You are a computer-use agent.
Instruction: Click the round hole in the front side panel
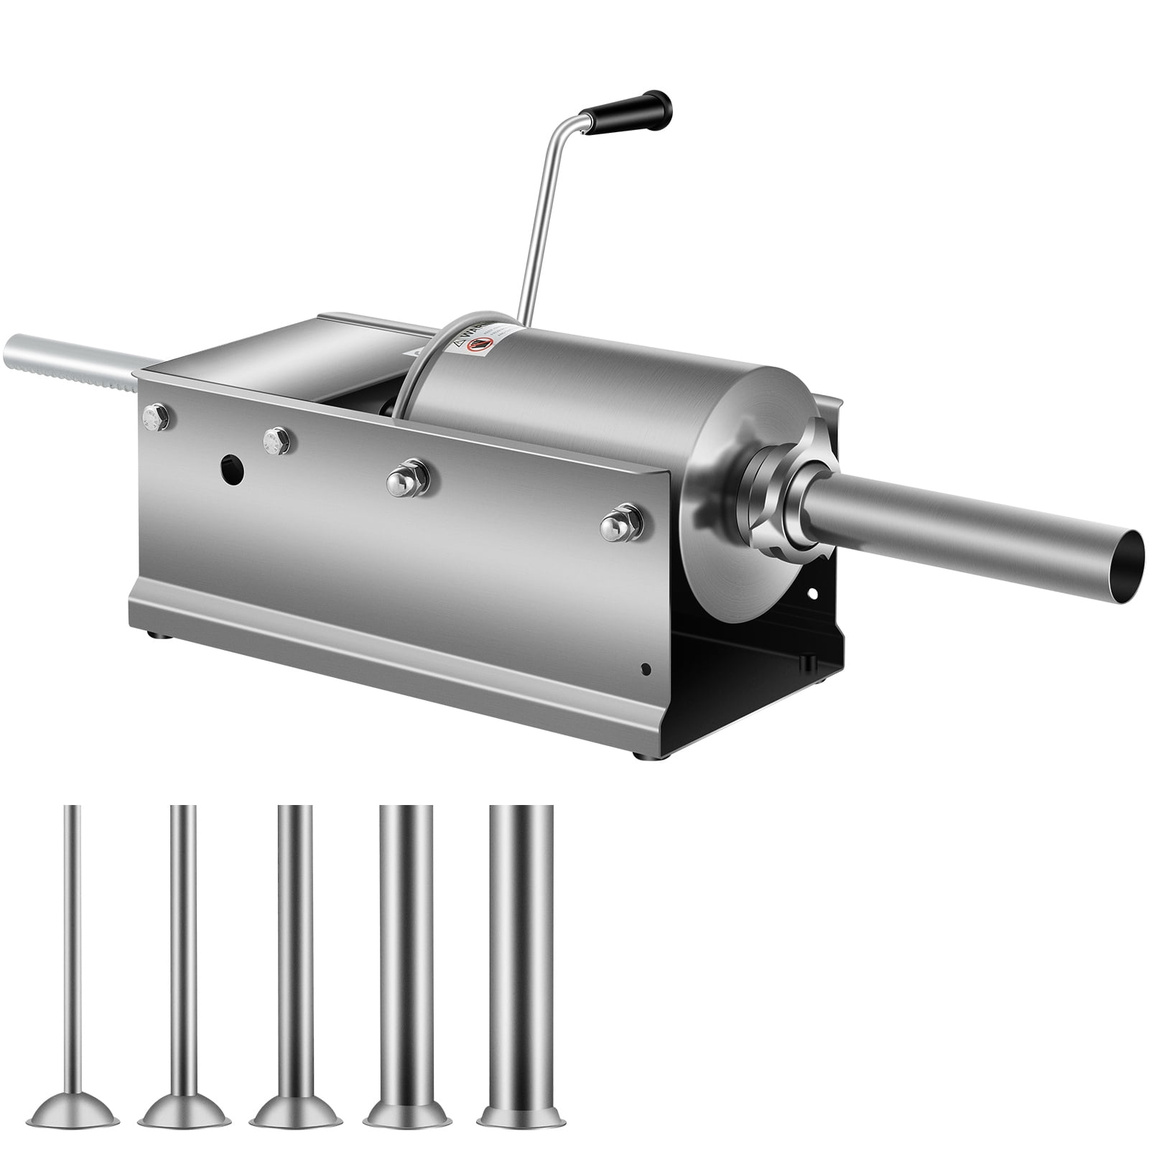tap(232, 469)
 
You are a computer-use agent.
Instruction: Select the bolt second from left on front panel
tap(274, 439)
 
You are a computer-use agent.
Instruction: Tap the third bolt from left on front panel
tap(406, 476)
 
